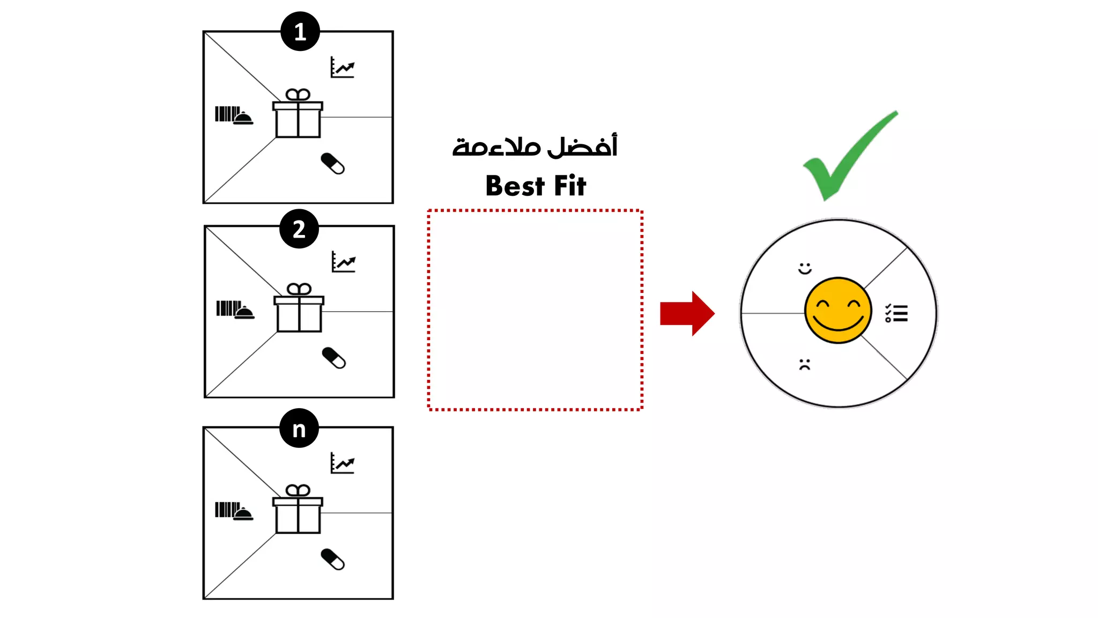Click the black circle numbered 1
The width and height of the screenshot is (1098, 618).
pos(300,31)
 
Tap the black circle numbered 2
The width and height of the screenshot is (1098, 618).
pos(299,229)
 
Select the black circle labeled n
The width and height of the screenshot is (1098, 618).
pos(299,428)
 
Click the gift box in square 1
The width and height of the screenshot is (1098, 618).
pos(298,114)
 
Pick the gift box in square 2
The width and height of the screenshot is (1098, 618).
pos(299,308)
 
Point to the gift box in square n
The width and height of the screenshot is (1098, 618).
pos(298,509)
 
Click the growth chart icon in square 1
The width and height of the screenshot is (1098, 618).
pos(343,67)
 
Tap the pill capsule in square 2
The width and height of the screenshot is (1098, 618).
pos(334,358)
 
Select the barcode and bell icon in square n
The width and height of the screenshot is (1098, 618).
pos(234,511)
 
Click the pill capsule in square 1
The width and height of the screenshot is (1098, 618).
pos(333,164)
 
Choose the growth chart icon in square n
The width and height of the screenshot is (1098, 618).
pos(343,463)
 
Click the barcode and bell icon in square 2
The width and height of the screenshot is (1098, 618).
pos(235,310)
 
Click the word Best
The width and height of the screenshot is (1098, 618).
pos(515,186)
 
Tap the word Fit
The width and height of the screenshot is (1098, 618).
pos(570,185)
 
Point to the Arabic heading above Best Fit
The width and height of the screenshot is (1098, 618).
pos(535,145)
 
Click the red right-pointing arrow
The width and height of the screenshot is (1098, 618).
pos(687,313)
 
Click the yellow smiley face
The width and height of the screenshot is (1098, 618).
pos(838,310)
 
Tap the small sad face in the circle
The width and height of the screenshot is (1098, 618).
pos(805,364)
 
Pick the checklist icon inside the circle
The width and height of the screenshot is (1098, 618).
pos(896,313)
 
